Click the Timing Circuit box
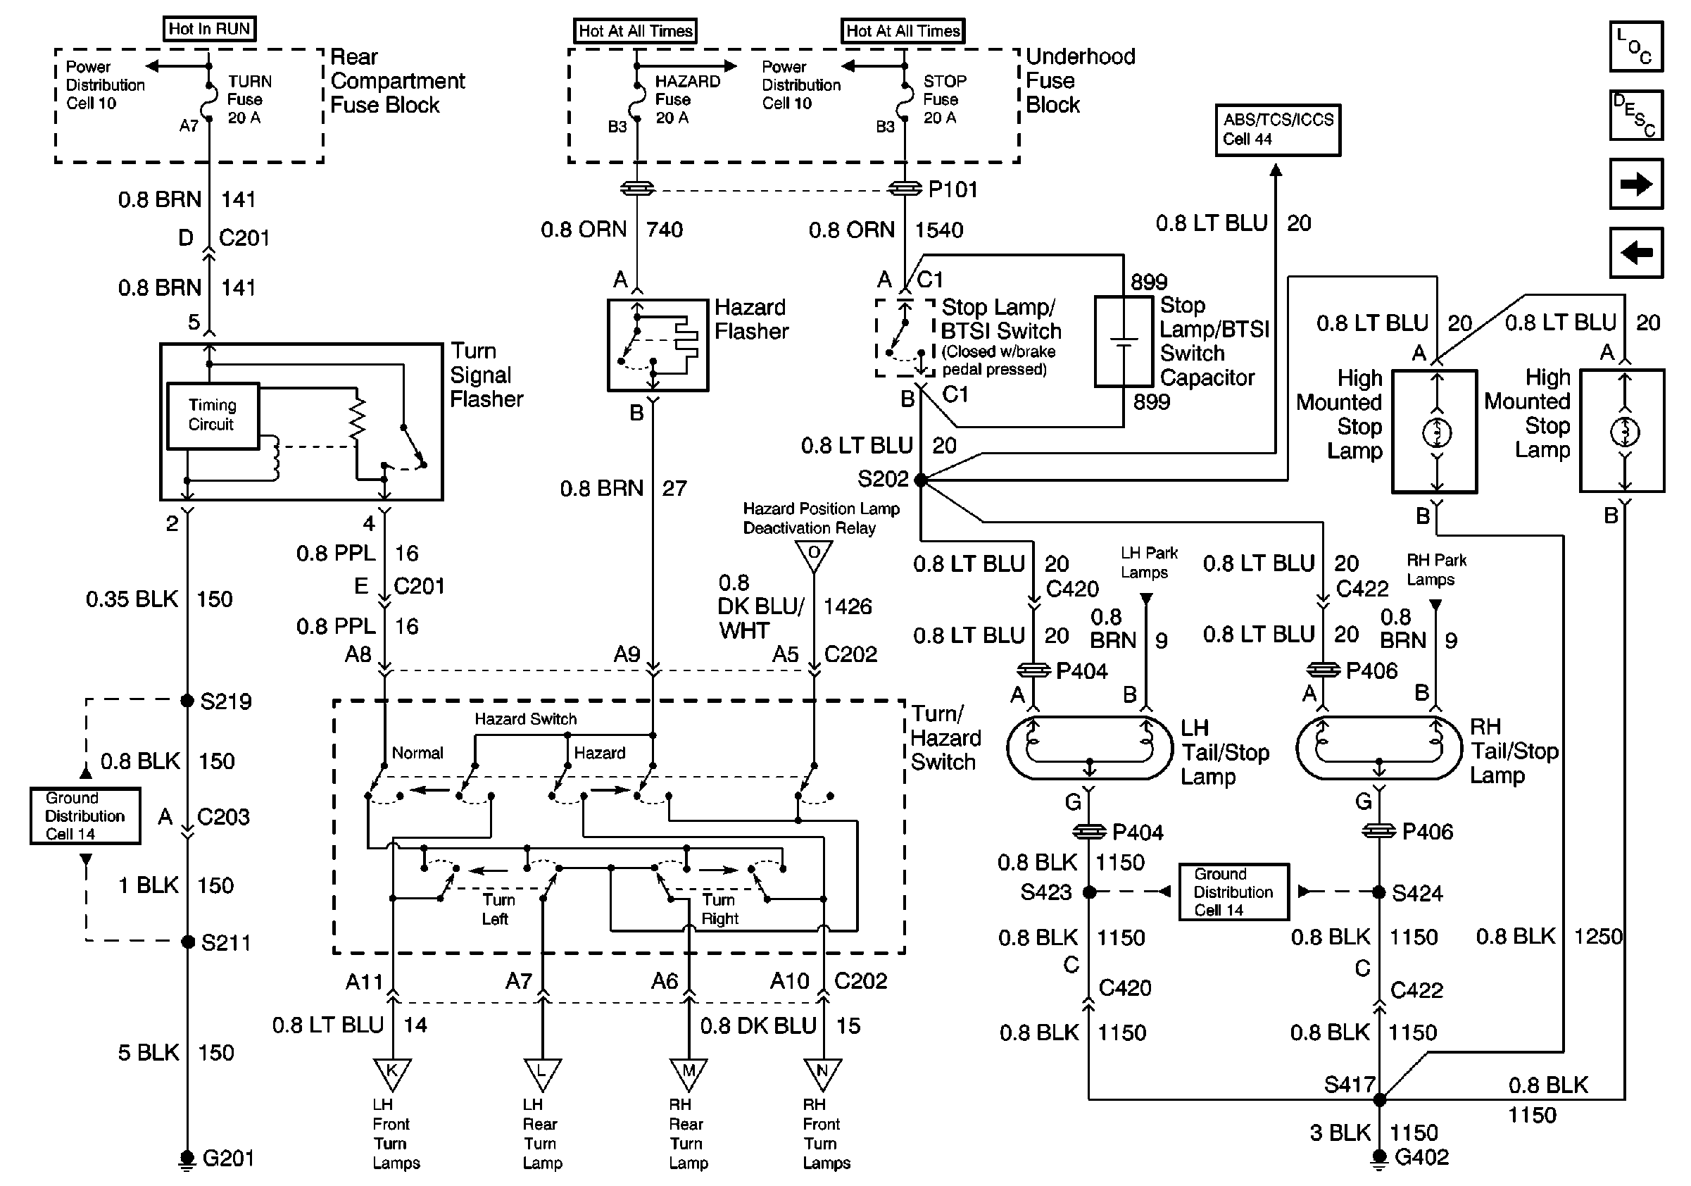pyautogui.click(x=212, y=416)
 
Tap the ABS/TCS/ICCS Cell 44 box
pyautogui.click(x=1277, y=130)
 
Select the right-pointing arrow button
pyautogui.click(x=1636, y=184)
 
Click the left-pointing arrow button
pyautogui.click(x=1636, y=253)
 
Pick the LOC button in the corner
pyautogui.click(x=1636, y=47)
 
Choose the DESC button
pyautogui.click(x=1636, y=115)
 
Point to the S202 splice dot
pyautogui.click(x=921, y=480)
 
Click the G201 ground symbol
pyautogui.click(x=187, y=1159)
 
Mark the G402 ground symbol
pyautogui.click(x=1379, y=1157)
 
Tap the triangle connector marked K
pyautogui.click(x=392, y=1073)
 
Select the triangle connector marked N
pyautogui.click(x=822, y=1073)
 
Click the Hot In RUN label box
pyautogui.click(x=209, y=30)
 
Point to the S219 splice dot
pyautogui.click(x=187, y=700)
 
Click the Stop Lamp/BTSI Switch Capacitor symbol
pyautogui.click(x=1123, y=342)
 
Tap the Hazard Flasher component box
pyautogui.click(x=657, y=345)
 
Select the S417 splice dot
pyautogui.click(x=1379, y=1100)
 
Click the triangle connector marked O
pyautogui.click(x=814, y=555)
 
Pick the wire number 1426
pyautogui.click(x=847, y=606)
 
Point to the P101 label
pyautogui.click(x=953, y=190)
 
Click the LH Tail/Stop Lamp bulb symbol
pyautogui.click(x=1089, y=748)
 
